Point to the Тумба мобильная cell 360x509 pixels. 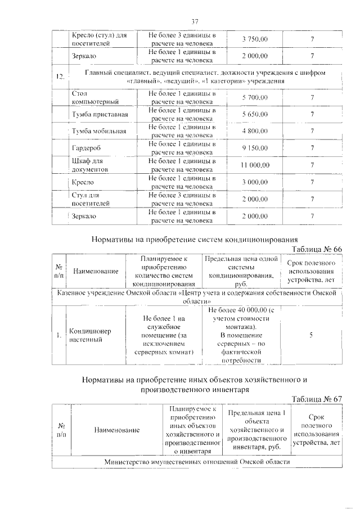(99, 132)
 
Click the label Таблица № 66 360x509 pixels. (317, 249)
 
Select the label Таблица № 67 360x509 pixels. (317, 399)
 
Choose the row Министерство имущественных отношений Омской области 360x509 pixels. (197, 461)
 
